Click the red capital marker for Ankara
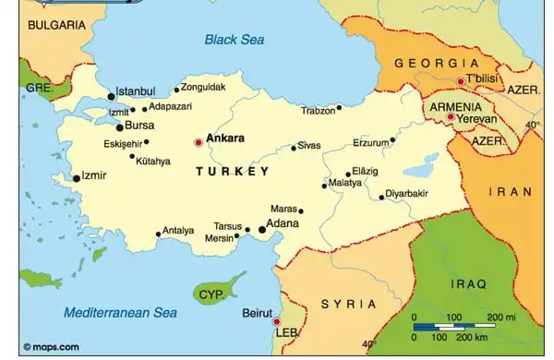[x=197, y=142]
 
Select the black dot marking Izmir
[x=76, y=178]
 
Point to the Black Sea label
[x=234, y=40]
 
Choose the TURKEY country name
[x=233, y=172]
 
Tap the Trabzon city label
[x=317, y=111]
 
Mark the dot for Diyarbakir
[x=381, y=197]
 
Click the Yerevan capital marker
[x=450, y=118]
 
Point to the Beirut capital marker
[x=276, y=321]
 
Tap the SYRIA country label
[x=348, y=304]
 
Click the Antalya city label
[x=178, y=231]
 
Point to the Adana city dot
[x=262, y=229]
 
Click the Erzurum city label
[x=371, y=143]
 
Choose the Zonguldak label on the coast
[x=203, y=87]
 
